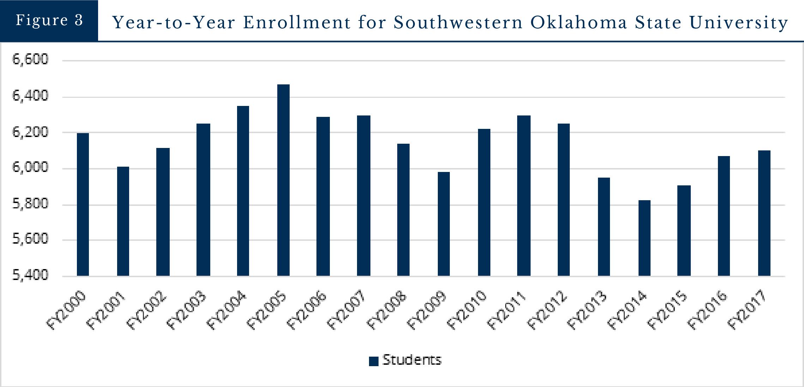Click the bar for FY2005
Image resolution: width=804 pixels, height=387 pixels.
tap(283, 180)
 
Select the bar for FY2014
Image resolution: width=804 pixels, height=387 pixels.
tap(644, 238)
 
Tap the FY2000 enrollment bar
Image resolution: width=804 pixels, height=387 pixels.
tap(83, 204)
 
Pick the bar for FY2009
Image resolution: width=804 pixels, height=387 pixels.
tap(444, 224)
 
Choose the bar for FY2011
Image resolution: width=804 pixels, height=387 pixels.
tap(524, 196)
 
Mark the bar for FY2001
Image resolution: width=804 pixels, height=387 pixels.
tap(123, 221)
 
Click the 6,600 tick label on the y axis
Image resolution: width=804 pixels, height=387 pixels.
tap(30, 59)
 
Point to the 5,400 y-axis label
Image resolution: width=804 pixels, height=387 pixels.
tap(30, 275)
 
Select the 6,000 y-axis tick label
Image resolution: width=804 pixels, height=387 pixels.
tap(30, 167)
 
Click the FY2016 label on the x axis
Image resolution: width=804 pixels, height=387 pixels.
tap(709, 310)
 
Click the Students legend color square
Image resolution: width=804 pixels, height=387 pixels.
tap(374, 361)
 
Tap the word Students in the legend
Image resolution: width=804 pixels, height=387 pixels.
tap(412, 360)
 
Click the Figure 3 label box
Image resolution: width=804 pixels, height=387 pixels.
tap(49, 20)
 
